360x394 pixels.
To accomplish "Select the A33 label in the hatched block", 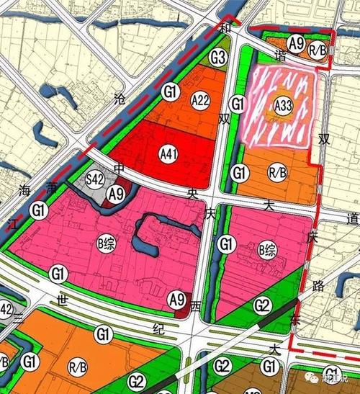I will tap(282, 106).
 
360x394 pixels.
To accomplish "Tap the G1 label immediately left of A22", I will tap(171, 91).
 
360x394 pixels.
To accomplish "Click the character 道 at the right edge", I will tap(352, 218).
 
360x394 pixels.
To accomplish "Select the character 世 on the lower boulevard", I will tap(62, 301).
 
